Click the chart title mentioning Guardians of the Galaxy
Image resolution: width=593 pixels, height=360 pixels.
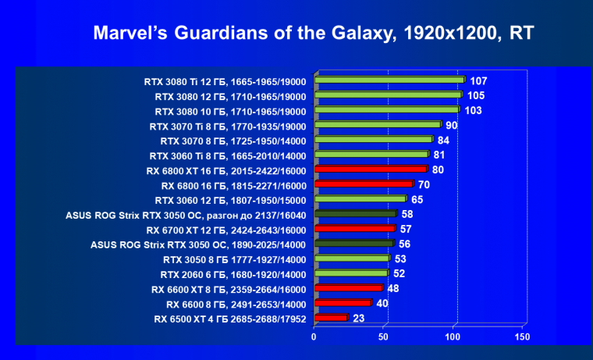pos(314,33)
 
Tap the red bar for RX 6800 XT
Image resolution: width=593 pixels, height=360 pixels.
pos(370,169)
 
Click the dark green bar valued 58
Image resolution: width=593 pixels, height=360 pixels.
pos(354,213)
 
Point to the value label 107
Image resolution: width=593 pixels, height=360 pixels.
pos(479,81)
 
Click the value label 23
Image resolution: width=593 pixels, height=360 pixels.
pos(360,318)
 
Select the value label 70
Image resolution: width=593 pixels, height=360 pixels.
pos(424,184)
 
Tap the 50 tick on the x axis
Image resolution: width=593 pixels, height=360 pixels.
pos(383,337)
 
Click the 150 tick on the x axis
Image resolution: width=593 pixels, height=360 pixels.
pos(522,337)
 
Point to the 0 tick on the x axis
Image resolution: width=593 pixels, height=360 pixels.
pos(314,337)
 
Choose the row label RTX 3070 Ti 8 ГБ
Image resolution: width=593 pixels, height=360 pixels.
pos(232,125)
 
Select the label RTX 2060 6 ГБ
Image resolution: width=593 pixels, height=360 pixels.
pos(233,273)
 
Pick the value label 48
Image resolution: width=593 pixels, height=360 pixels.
pos(394,288)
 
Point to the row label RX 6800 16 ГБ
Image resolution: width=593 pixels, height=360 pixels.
pos(234,184)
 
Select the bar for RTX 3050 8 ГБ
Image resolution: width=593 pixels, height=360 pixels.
pos(350,258)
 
